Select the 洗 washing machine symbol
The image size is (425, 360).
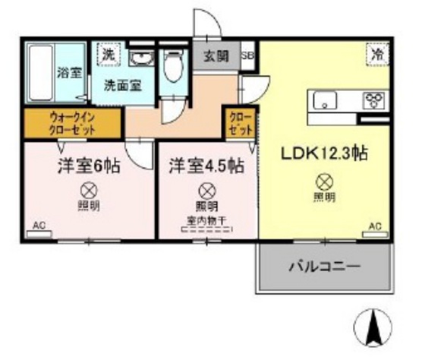tap(109, 56)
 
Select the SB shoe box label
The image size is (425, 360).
tap(247, 56)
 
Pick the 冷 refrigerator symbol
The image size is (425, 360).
tap(376, 56)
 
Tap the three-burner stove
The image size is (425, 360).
tap(375, 99)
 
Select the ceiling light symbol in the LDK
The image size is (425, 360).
tap(324, 182)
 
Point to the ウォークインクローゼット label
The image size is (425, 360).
tap(74, 123)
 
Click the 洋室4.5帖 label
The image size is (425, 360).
tap(206, 165)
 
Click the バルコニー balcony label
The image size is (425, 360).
tap(323, 267)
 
